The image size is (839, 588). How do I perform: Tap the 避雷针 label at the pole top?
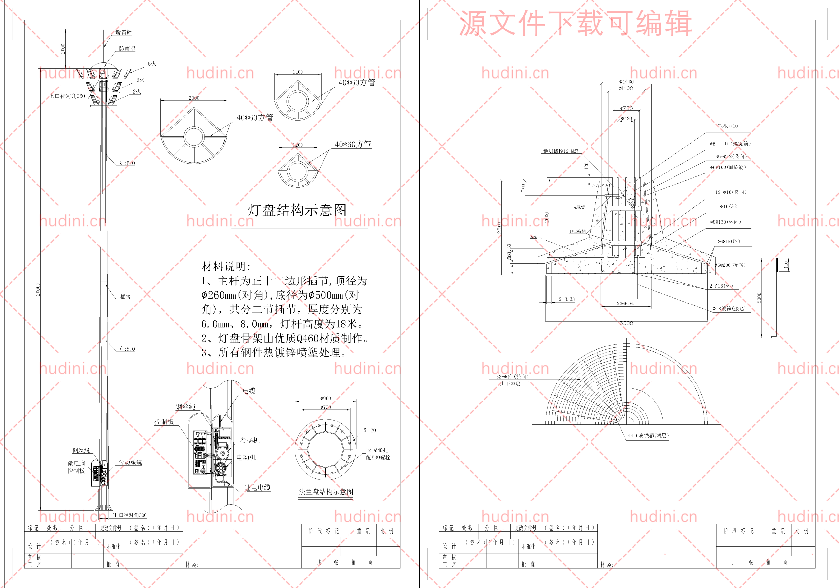point(124,32)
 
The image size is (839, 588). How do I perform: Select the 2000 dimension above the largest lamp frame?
point(194,98)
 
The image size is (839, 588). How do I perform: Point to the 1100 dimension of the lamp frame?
point(298,72)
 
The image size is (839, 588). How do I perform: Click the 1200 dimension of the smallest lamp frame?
point(298,145)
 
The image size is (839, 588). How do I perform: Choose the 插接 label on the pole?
point(125,297)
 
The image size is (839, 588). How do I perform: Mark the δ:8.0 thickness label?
point(127,349)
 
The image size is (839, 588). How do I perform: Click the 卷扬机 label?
point(249,441)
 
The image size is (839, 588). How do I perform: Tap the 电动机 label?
point(246,457)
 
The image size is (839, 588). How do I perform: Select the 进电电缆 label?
point(257,487)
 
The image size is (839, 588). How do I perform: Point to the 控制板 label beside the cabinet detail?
point(164,421)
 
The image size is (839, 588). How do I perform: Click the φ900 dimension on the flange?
point(325,398)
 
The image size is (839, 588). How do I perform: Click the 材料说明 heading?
point(226,266)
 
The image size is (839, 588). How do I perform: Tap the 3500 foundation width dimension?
point(626,323)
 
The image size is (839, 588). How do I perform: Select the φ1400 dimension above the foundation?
point(626,82)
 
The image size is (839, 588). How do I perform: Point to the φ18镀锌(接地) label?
point(729,308)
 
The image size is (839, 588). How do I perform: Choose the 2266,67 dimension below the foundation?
point(626,303)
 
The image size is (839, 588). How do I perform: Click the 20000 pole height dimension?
point(38,289)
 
